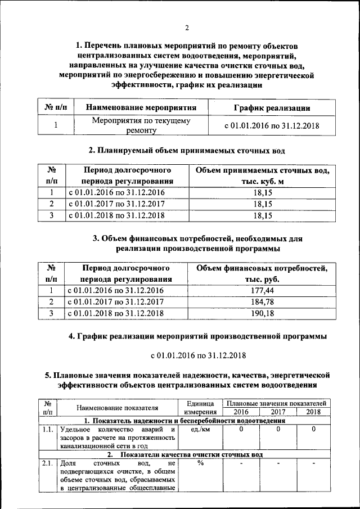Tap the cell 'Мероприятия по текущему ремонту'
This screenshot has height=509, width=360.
point(141,125)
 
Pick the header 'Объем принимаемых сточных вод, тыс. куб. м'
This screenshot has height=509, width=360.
point(262,175)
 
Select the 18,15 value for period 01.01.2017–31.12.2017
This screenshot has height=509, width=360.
point(262,204)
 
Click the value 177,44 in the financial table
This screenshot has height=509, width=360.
point(262,290)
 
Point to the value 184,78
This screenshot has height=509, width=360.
point(262,302)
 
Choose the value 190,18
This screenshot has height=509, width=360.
point(262,313)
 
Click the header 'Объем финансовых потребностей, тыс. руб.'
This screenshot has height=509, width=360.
point(262,273)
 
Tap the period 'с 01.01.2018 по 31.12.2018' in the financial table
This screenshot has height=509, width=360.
point(116,313)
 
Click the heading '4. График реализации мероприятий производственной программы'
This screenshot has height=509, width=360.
point(197,336)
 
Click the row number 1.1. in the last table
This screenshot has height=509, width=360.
point(47,430)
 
